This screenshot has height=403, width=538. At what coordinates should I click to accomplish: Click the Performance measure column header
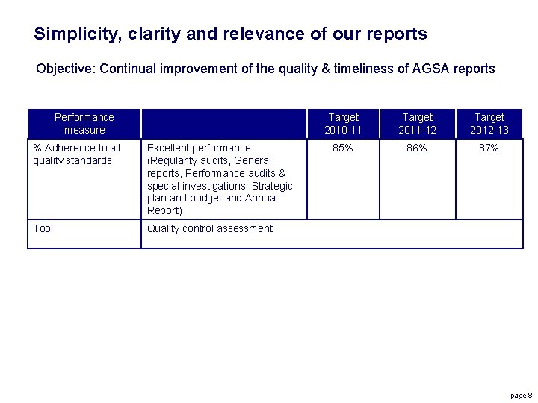click(x=84, y=123)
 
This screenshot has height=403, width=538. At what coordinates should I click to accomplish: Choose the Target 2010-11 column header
click(x=343, y=123)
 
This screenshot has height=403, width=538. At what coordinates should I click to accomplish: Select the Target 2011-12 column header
click(x=417, y=123)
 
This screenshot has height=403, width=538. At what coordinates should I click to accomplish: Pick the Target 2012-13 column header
click(x=489, y=123)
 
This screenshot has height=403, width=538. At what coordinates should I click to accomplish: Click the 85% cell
click(x=343, y=148)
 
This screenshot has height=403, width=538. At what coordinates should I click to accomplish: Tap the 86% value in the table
click(x=417, y=148)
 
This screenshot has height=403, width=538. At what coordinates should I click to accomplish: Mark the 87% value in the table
click(x=489, y=148)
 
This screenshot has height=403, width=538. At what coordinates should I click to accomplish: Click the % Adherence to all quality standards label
click(x=76, y=154)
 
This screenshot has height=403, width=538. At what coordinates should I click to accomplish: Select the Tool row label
click(x=43, y=228)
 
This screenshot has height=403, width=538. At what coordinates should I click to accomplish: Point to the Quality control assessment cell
click(x=210, y=228)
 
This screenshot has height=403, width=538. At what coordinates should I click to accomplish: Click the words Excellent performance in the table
click(x=200, y=148)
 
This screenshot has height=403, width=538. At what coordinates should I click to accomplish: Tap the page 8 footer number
click(x=521, y=395)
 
